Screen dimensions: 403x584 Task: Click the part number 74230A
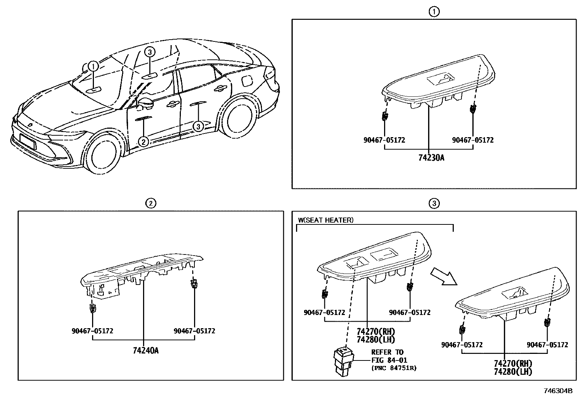pos(431,158)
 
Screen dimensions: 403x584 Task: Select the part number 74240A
pos(146,350)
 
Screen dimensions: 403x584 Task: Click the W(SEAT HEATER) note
pos(325,220)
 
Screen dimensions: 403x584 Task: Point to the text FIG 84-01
pos(389,360)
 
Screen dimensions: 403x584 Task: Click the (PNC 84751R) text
pos(394,368)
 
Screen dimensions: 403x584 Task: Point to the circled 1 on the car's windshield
pos(94,66)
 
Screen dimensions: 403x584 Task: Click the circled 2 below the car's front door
pos(143,141)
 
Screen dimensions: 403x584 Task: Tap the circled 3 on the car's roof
pos(150,52)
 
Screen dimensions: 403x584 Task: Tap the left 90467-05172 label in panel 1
pos(384,140)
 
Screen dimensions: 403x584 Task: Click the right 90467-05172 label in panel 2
pos(194,331)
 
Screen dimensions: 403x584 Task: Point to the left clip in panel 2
pos(92,308)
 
